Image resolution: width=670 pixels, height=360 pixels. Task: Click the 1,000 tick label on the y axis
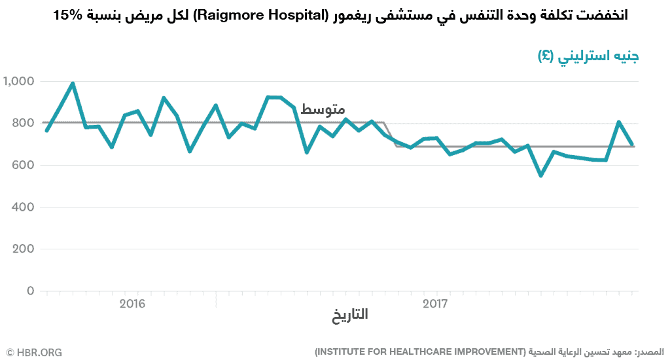point(18,81)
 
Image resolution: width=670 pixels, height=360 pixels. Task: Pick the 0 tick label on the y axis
point(30,291)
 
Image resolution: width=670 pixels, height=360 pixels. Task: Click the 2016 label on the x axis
point(132,304)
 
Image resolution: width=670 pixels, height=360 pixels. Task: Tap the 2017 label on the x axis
point(435,304)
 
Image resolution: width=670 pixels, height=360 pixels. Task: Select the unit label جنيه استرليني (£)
point(588,56)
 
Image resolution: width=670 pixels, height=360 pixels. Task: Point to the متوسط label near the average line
point(323,110)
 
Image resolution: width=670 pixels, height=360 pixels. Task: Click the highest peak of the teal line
point(73,83)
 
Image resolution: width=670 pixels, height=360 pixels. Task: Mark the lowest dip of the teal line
point(540,175)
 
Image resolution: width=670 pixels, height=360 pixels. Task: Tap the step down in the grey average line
point(390,134)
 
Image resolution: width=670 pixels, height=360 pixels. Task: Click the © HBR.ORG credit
point(34,352)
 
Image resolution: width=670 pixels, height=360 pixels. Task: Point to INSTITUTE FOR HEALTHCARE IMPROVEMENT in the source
point(419,352)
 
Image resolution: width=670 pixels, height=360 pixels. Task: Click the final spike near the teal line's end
point(619,122)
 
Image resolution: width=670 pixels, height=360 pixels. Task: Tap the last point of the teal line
point(632,144)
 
